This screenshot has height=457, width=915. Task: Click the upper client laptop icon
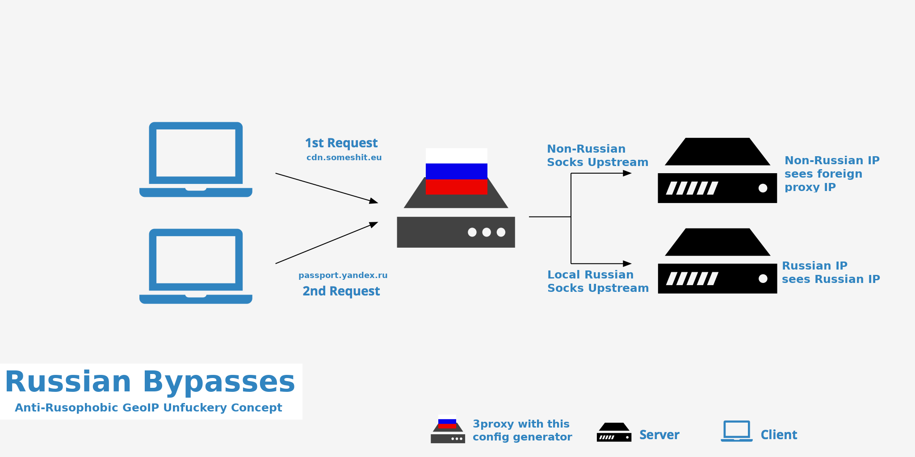tap(196, 159)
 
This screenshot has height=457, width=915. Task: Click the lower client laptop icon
tap(196, 266)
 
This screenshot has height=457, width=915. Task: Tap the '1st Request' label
tap(341, 143)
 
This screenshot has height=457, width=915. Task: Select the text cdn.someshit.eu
tap(344, 158)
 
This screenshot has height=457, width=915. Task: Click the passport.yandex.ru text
tap(343, 275)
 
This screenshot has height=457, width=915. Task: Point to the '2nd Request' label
tap(341, 291)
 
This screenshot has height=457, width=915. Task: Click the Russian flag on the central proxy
tap(456, 171)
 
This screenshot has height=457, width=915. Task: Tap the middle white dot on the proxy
tap(487, 232)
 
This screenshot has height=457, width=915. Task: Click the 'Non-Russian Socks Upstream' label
tap(597, 156)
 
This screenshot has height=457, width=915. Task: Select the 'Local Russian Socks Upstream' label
tap(598, 282)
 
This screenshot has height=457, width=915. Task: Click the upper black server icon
tap(717, 171)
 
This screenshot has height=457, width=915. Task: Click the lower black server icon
tap(717, 262)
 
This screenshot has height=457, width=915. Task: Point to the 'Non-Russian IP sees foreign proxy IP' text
tap(831, 174)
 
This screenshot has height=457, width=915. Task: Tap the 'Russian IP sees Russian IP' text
tap(831, 273)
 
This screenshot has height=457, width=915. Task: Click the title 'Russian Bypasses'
tap(150, 382)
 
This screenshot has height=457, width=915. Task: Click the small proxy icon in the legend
tap(448, 429)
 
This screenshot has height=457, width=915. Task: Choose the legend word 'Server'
tap(659, 435)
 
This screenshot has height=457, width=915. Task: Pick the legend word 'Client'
tap(779, 435)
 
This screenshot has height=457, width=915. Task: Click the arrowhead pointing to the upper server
tap(627, 173)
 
